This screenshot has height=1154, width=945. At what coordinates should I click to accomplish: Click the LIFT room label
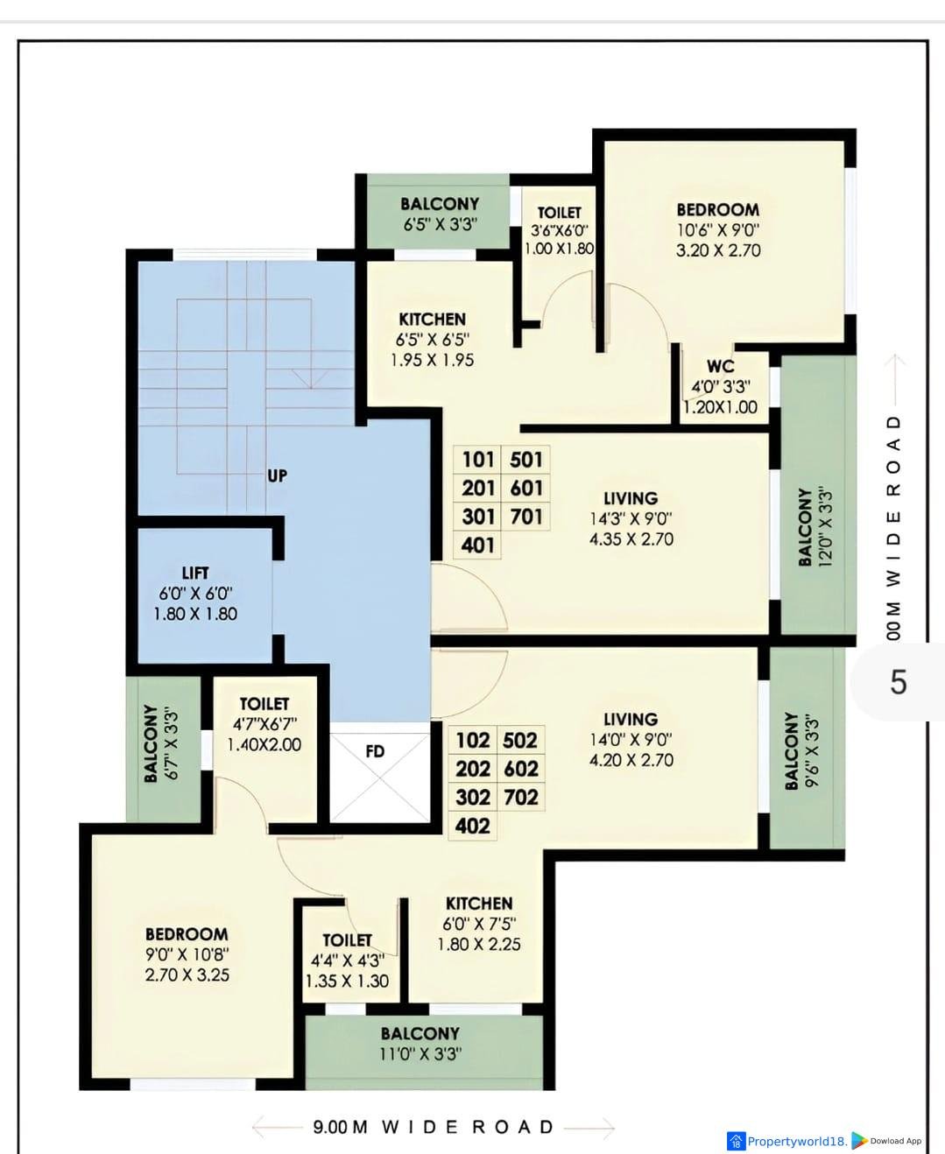click(x=195, y=573)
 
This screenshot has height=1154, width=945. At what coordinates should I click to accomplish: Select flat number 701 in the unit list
click(x=526, y=517)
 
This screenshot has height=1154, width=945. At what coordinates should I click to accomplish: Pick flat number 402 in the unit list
click(x=473, y=826)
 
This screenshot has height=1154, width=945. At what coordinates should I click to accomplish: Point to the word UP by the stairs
click(x=277, y=475)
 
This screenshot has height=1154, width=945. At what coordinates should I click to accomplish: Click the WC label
click(x=721, y=365)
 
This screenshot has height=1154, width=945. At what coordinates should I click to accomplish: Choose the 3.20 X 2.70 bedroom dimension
click(x=718, y=250)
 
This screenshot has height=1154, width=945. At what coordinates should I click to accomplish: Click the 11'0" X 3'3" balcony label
click(x=420, y=1053)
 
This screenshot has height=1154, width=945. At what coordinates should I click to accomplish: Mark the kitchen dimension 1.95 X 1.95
click(x=433, y=360)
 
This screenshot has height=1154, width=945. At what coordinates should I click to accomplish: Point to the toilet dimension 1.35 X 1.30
click(x=347, y=981)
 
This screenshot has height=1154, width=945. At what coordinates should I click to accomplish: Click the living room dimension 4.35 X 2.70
click(x=631, y=539)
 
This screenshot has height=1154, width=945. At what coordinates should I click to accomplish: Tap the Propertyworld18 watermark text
click(x=797, y=1141)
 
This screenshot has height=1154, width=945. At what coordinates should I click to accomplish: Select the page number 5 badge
click(x=898, y=682)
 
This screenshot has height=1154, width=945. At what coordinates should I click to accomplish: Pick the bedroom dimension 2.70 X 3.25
click(x=187, y=975)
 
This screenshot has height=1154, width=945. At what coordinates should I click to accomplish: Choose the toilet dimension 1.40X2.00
click(x=264, y=744)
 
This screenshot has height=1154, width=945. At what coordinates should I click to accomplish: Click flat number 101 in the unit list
click(x=478, y=460)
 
